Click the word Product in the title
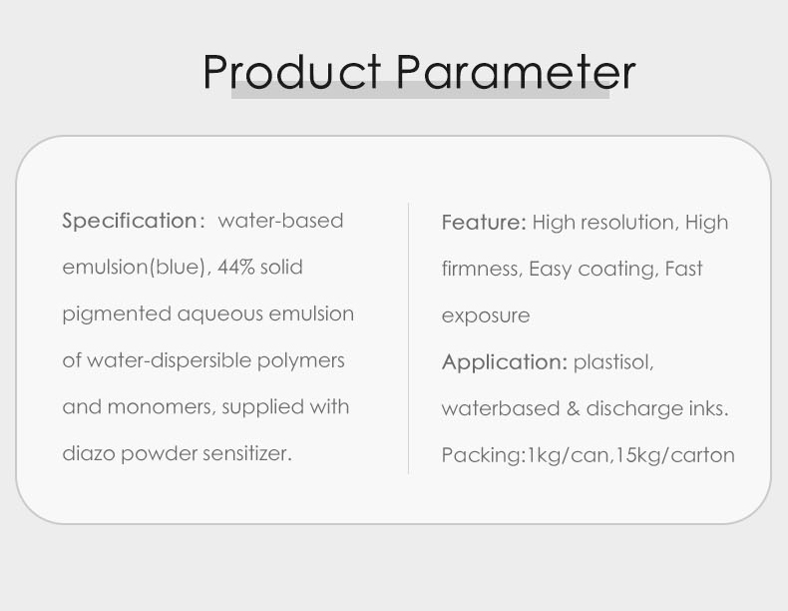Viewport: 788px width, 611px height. coord(291,72)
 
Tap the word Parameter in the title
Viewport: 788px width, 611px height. coord(516,72)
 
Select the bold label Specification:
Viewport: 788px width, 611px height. coord(134,221)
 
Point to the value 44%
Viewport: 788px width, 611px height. coord(236,267)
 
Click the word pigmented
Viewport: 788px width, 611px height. coord(117,314)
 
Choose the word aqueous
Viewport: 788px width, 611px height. coord(220,314)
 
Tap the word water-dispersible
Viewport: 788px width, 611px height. coord(169,361)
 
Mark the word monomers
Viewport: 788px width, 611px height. coord(162,407)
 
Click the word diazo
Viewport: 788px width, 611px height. coord(89,453)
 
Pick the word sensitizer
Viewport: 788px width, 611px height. coord(247,453)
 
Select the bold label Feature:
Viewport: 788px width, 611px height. coord(484,223)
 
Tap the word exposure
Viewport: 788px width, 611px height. coord(486,316)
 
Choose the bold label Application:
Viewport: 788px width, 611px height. coord(505,362)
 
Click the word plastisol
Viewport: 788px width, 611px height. coord(613,362)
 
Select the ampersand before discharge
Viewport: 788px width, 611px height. coord(573,408)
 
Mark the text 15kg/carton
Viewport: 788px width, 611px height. coord(675,455)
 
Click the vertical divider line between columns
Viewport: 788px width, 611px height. coord(409,337)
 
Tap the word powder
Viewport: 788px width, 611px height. coord(160,454)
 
